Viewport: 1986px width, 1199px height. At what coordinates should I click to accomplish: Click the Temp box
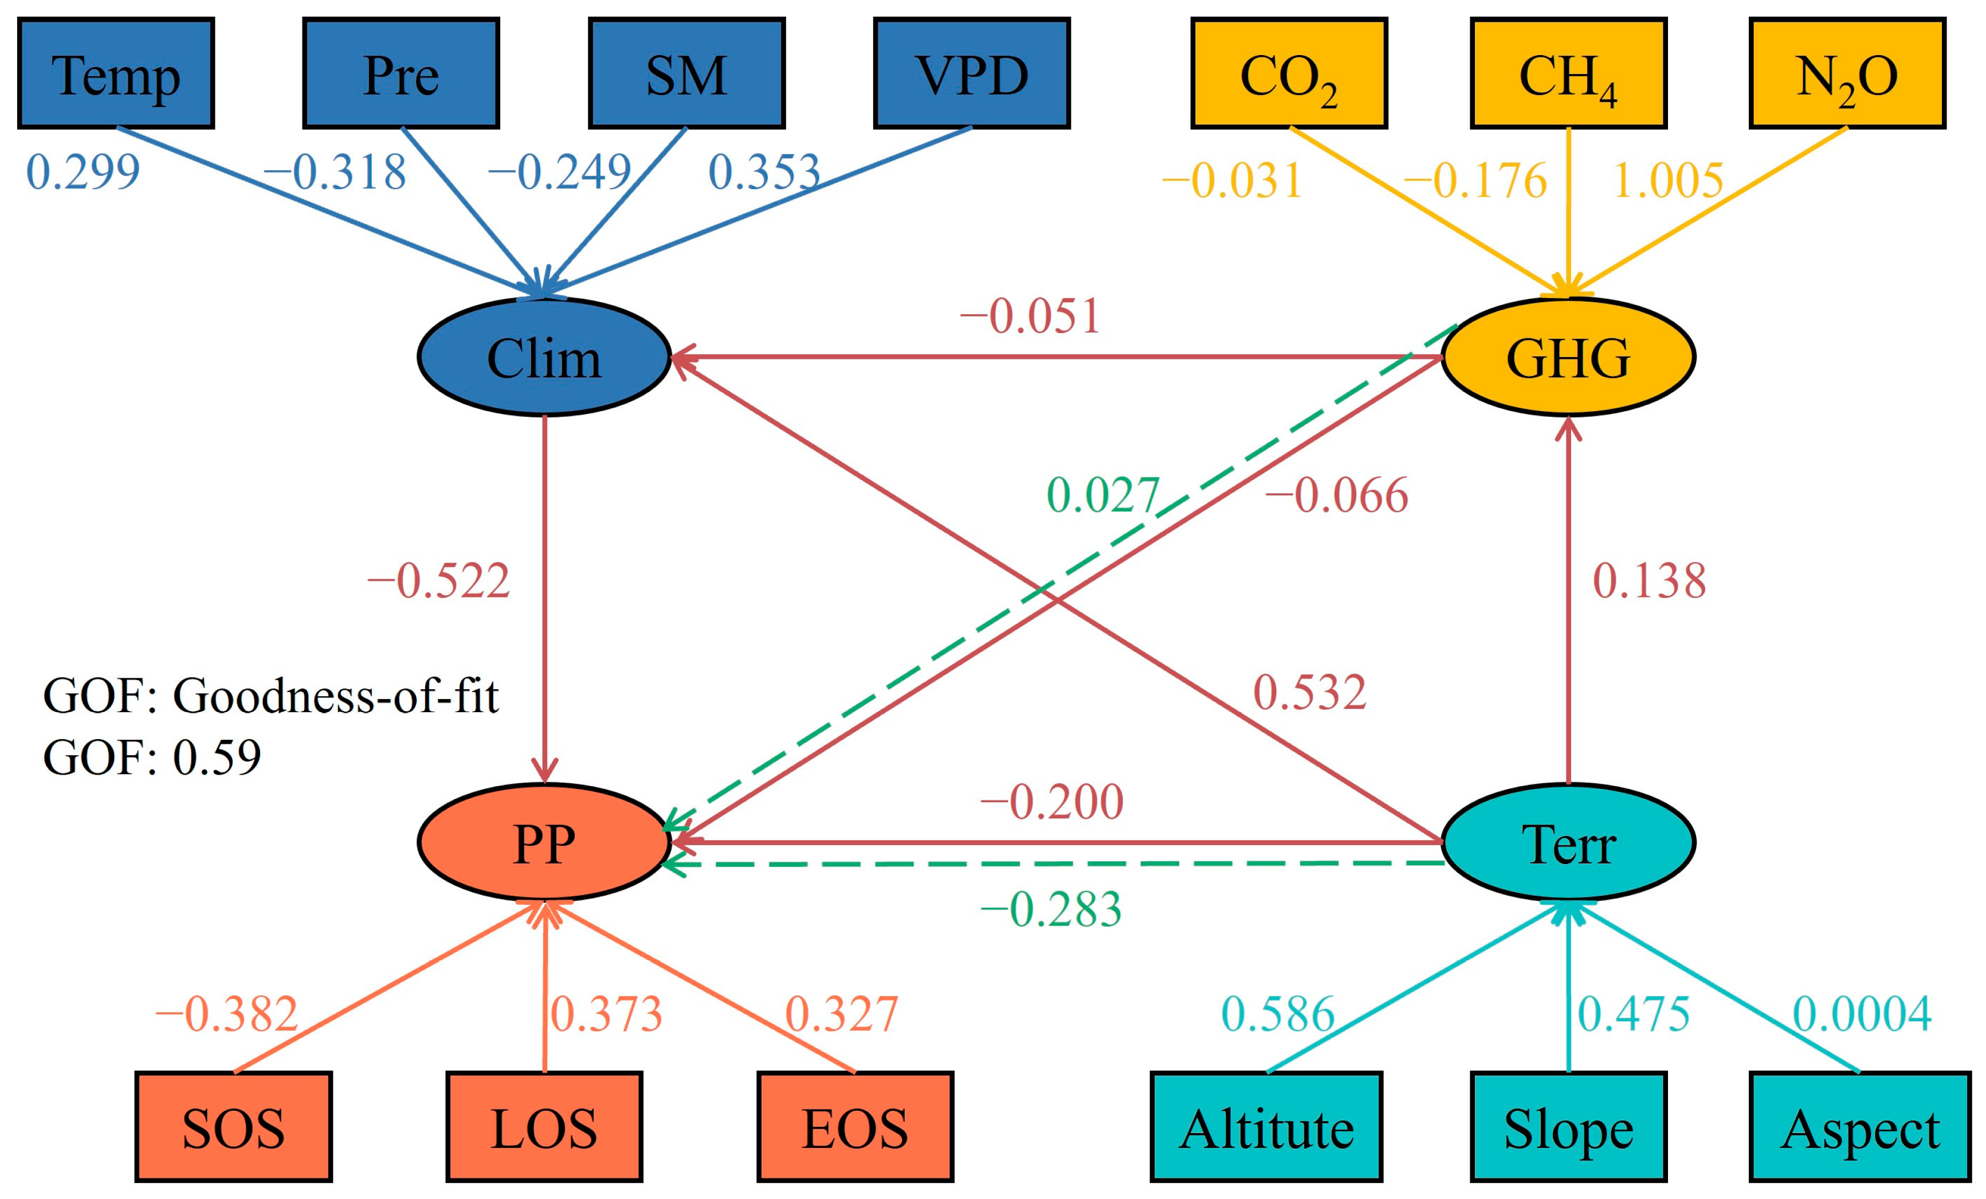pos(116,73)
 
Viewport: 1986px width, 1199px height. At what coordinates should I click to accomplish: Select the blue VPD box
pos(971,73)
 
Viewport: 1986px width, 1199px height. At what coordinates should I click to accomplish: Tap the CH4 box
pos(1568,73)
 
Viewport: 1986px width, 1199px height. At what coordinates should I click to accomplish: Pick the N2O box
pos(1847,73)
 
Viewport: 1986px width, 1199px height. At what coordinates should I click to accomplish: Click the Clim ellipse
pos(544,357)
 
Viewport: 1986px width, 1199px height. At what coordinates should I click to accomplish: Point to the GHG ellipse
pos(1568,357)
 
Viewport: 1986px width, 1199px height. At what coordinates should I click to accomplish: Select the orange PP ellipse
pos(544,842)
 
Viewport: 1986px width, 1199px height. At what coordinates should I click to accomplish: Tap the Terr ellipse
pos(1568,842)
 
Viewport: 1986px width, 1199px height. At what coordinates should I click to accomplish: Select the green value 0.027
pos(1102,495)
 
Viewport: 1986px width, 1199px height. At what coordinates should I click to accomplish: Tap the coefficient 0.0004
pos(1862,1014)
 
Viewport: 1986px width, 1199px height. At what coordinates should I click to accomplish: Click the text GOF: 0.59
pos(152,757)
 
